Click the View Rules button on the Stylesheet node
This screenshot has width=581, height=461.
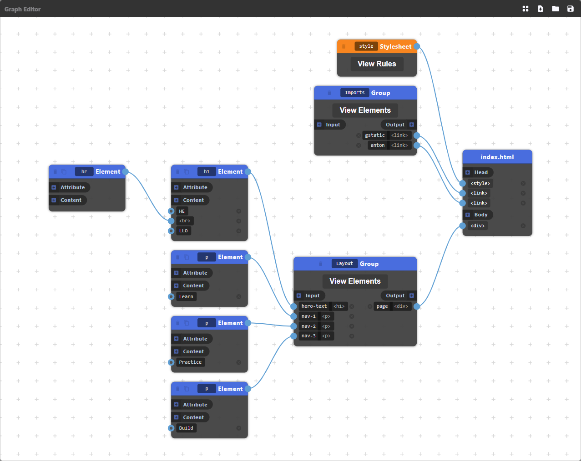pos(377,64)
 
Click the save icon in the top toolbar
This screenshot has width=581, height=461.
pos(570,9)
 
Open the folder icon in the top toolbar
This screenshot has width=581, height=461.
pos(555,9)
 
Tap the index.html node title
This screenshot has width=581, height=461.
pos(497,157)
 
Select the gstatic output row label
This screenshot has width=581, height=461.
pos(375,135)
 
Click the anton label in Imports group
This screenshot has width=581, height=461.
pos(377,145)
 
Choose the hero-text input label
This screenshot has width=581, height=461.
pos(314,306)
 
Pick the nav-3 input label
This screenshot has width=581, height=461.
pos(308,336)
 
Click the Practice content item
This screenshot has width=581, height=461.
pos(190,362)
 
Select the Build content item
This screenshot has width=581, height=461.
pos(186,428)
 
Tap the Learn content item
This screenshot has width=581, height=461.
pos(186,296)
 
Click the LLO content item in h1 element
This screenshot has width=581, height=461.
pos(183,231)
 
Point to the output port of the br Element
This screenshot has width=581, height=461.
pos(125,172)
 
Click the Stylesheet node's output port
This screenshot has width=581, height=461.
pos(417,46)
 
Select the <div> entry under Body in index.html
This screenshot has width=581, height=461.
pos(477,225)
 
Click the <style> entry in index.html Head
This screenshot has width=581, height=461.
pos(480,183)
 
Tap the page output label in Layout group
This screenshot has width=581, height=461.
pos(382,306)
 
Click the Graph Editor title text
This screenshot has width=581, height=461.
pos(23,9)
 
